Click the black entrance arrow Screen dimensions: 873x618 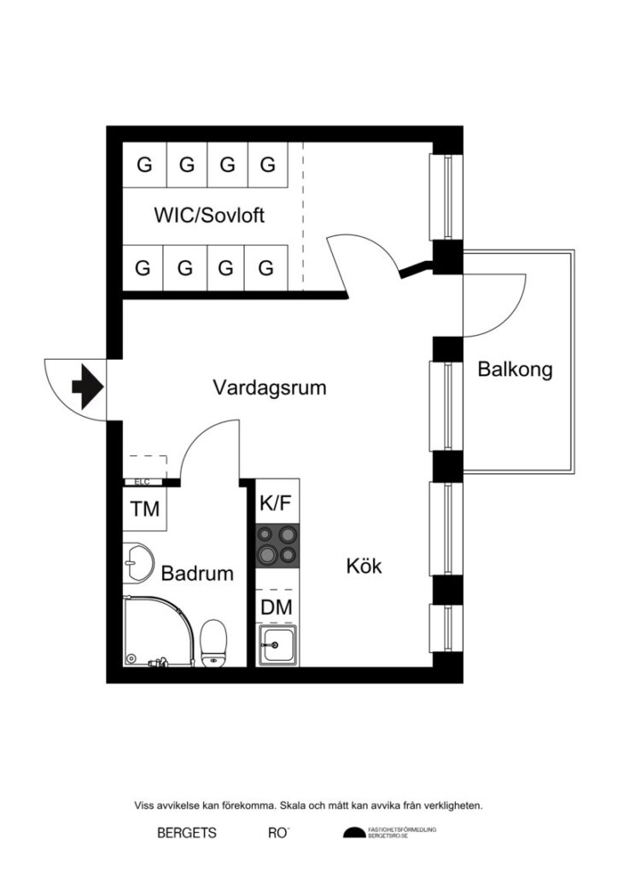87,387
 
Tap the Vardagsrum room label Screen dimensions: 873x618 270,388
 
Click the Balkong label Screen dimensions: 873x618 515,370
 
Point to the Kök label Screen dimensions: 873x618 364,565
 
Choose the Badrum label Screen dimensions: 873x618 197,574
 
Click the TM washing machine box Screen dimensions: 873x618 144,510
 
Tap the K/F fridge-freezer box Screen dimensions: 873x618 277,503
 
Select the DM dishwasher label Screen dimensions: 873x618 277,608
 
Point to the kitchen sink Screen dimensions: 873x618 277,645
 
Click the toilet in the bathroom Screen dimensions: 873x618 213,641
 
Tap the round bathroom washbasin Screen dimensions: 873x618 136,559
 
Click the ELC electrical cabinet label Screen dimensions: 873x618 142,482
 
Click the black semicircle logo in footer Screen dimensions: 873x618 353,833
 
